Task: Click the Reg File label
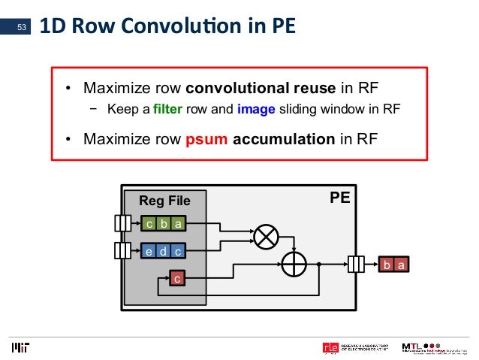(164, 201)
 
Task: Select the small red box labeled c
(177, 279)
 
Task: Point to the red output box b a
(396, 265)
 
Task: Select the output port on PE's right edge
(357, 265)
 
